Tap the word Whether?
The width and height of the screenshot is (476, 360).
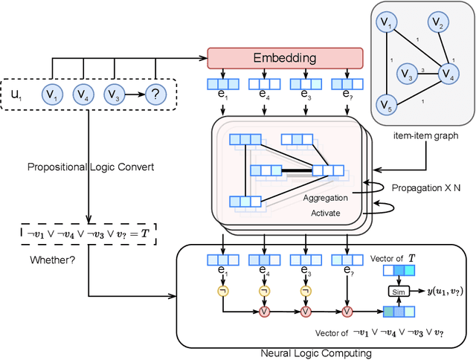pos(51,260)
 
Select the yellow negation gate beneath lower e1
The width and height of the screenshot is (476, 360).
pos(221,289)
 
